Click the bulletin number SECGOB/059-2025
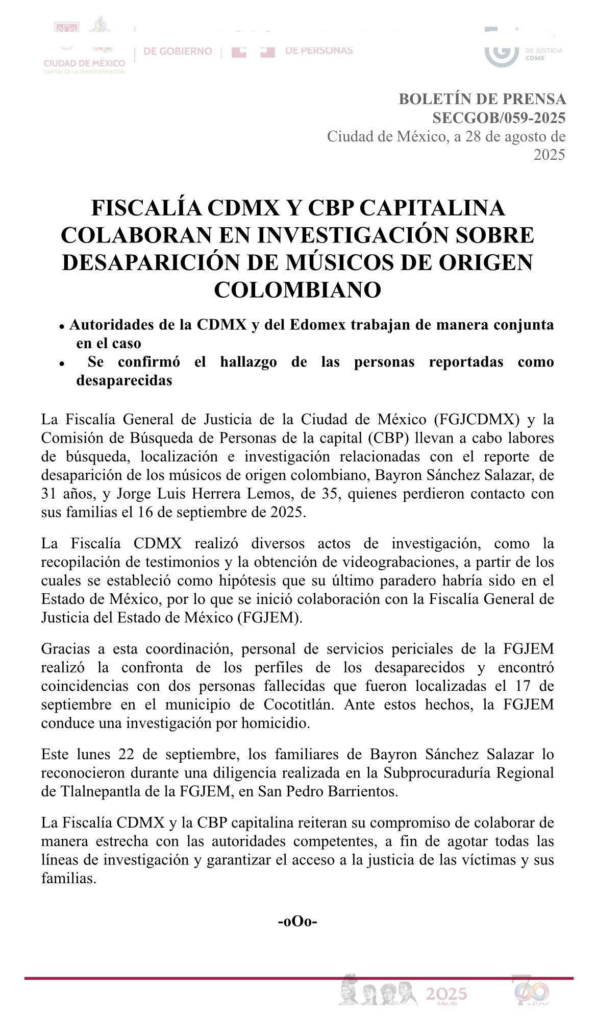tap(499, 118)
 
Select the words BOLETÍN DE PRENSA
tap(482, 99)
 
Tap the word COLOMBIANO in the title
tap(297, 289)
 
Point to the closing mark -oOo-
tap(297, 922)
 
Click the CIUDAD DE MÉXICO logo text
tap(84, 63)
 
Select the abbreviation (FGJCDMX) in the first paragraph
tap(477, 420)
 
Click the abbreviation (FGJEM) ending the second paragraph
tap(269, 617)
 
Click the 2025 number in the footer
tap(446, 994)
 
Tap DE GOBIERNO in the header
tap(178, 51)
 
